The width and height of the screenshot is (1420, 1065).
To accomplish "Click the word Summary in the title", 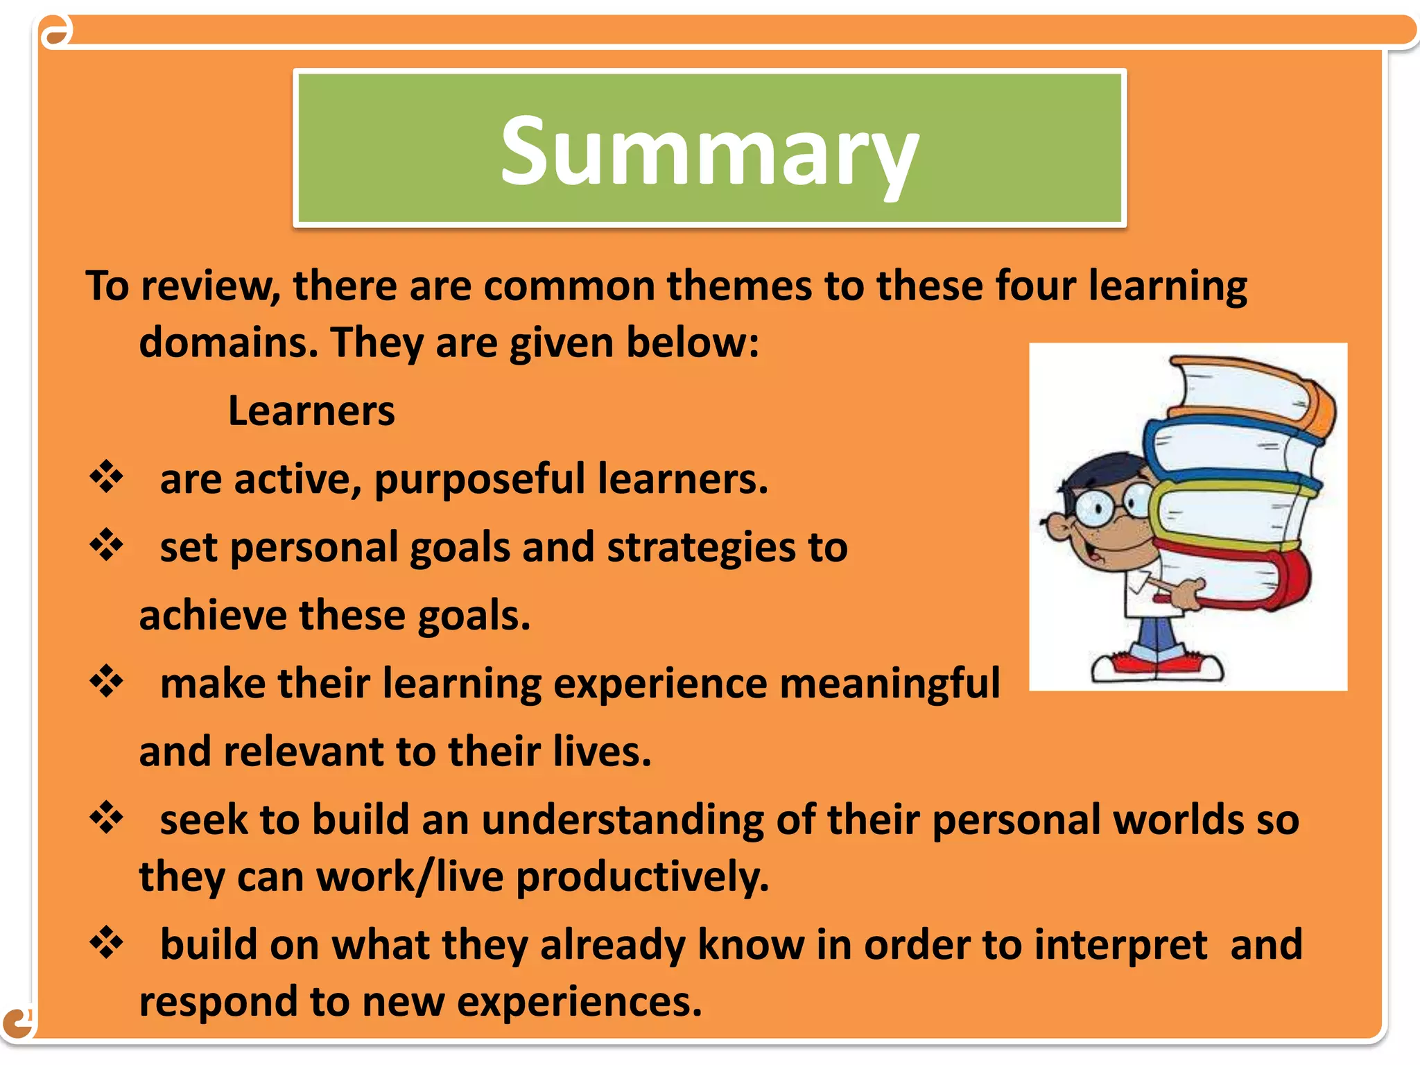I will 709,151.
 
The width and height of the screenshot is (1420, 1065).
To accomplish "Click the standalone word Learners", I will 311,411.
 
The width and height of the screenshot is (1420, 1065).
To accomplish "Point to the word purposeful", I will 480,480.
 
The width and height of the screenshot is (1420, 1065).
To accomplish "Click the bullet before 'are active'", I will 107,477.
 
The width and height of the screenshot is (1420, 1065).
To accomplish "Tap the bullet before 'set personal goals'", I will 107,545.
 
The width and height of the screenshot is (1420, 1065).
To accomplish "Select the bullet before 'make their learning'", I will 107,681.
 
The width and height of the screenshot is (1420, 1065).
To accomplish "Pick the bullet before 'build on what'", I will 107,943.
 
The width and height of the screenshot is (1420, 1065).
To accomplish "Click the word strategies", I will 701,548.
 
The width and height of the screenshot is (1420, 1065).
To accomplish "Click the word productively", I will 642,877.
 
